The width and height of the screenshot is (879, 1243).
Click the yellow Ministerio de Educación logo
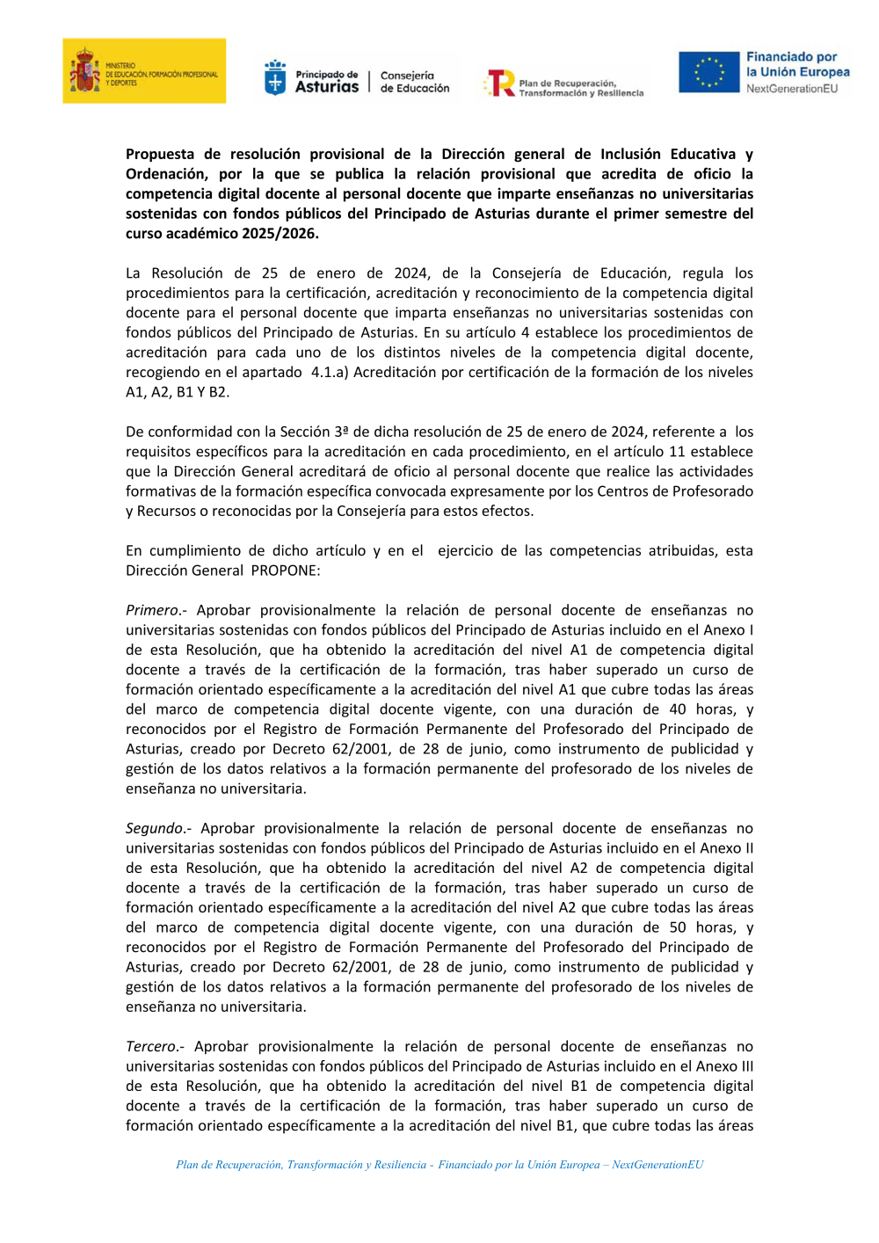pyautogui.click(x=144, y=71)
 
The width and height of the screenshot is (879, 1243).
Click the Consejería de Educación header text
pyautogui.click(x=414, y=82)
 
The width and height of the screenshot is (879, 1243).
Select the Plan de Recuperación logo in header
pyautogui.click(x=564, y=84)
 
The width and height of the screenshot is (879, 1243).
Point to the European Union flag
pyautogui.click(x=708, y=72)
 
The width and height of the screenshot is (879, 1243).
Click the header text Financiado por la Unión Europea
pyautogui.click(x=797, y=64)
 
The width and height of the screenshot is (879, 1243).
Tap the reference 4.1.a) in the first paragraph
pyautogui.click(x=330, y=372)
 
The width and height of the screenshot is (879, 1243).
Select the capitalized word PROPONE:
pyautogui.click(x=286, y=571)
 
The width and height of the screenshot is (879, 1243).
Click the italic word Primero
pyautogui.click(x=152, y=610)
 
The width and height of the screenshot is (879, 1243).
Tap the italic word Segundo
pyautogui.click(x=155, y=828)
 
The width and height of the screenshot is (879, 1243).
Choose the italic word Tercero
pyautogui.click(x=151, y=1046)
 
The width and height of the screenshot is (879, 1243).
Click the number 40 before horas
pyautogui.click(x=678, y=709)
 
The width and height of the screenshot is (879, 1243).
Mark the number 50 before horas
pyautogui.click(x=678, y=927)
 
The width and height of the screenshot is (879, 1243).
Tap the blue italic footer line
pyautogui.click(x=439, y=1165)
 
